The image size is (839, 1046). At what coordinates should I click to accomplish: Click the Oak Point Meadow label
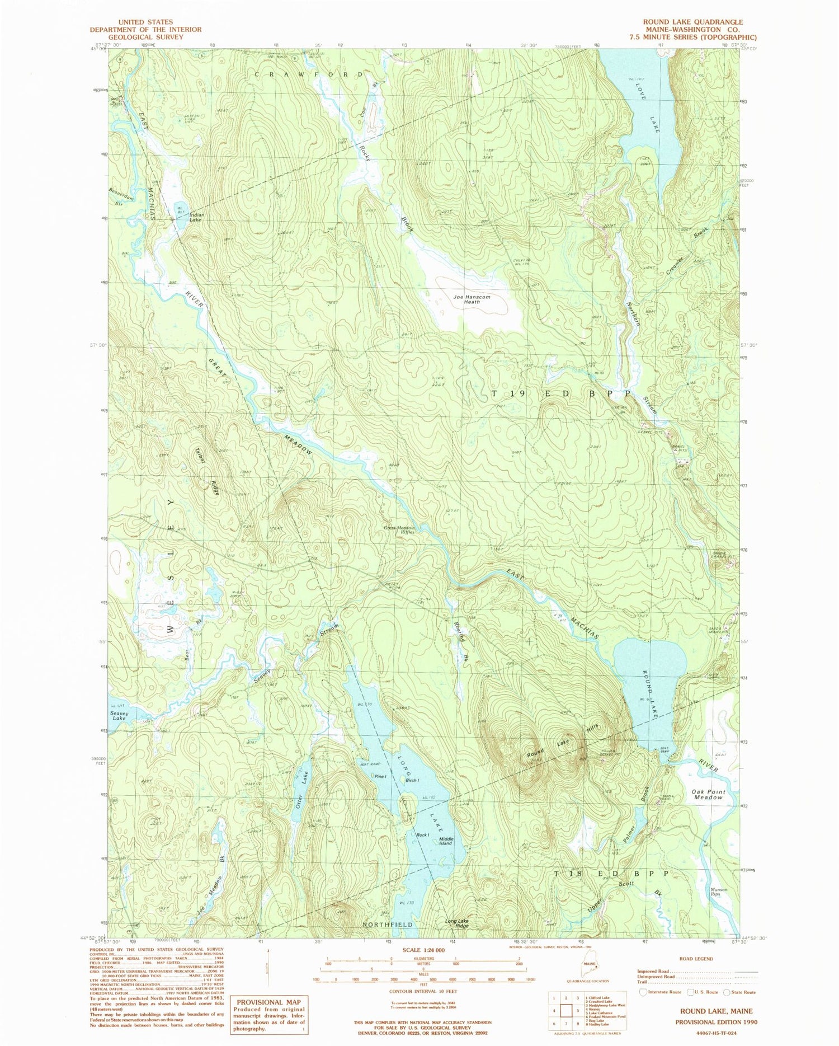pyautogui.click(x=708, y=794)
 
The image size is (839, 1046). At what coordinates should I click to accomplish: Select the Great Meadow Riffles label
pyautogui.click(x=399, y=530)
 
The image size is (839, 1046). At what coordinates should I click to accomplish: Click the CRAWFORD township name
pyautogui.click(x=309, y=74)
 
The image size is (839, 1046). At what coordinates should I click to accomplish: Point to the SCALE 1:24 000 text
pyautogui.click(x=423, y=950)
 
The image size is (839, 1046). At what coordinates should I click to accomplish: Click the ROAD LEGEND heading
pyautogui.click(x=696, y=959)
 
